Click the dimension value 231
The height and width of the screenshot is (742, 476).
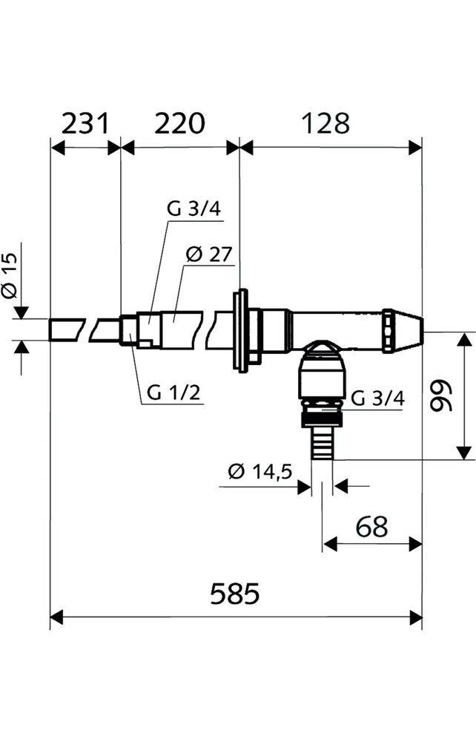coord(85,123)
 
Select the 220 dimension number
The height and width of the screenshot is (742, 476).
coord(180,123)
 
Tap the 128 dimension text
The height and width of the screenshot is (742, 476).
coord(325,123)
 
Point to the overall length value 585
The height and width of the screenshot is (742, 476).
coord(235,594)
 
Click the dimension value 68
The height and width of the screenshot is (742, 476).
coord(372,526)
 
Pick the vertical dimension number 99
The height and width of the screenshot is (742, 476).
coord(442,395)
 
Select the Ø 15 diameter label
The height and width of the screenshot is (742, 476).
coord(10,275)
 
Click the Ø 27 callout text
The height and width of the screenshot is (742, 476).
coord(209,255)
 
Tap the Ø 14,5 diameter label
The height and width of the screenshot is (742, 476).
coord(260,471)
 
